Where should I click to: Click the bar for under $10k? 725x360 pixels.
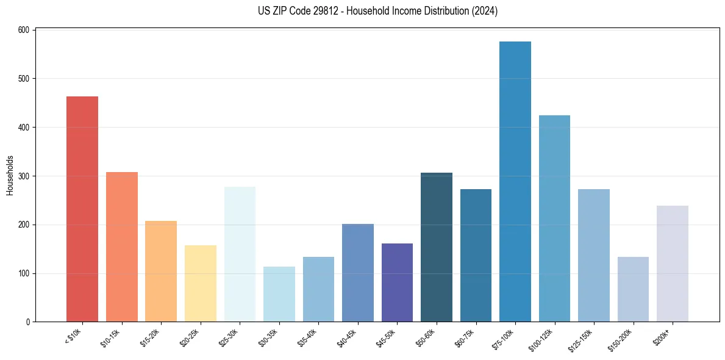pos(82,209)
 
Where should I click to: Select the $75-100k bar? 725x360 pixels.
pos(515,182)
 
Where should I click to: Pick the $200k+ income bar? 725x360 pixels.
pos(672,264)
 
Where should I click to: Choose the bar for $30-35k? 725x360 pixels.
pos(279,294)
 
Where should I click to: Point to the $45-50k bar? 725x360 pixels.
pos(397,283)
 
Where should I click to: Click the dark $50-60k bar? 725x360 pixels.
pos(437,247)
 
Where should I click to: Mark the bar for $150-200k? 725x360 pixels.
pos(633,289)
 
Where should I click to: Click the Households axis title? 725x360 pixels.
pos(10,176)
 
